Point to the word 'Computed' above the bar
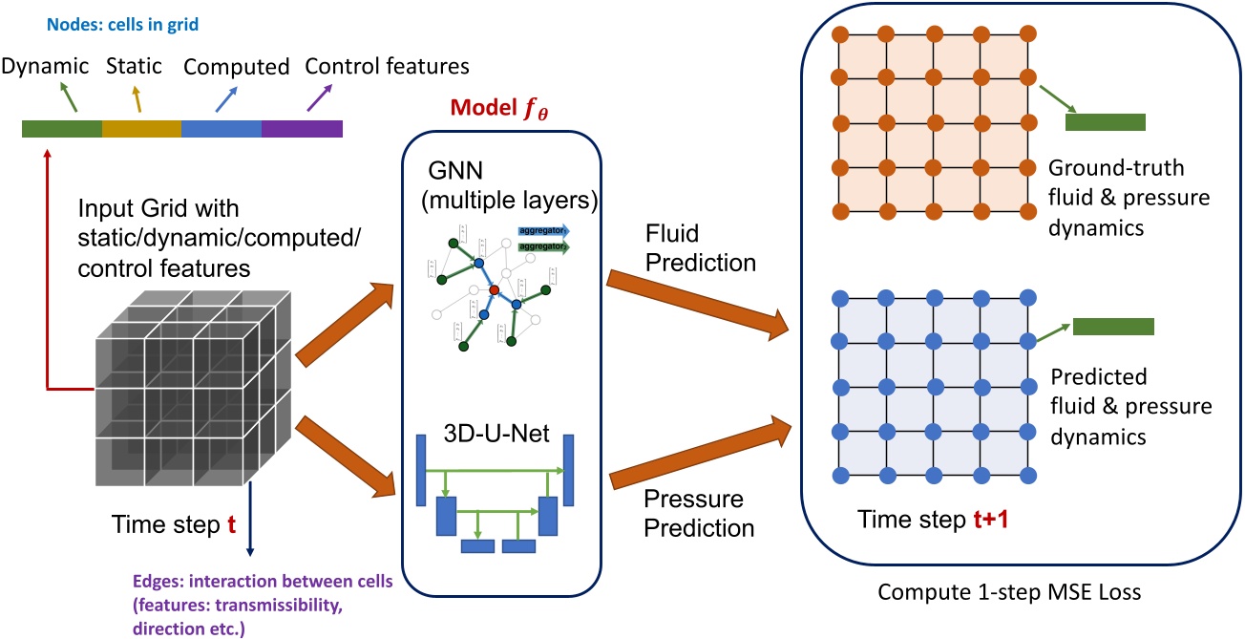tap(236, 68)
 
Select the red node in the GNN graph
tap(494, 289)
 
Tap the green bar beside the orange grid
tap(1105, 121)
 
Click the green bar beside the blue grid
tap(1113, 327)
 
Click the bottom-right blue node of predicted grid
tap(1027, 475)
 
